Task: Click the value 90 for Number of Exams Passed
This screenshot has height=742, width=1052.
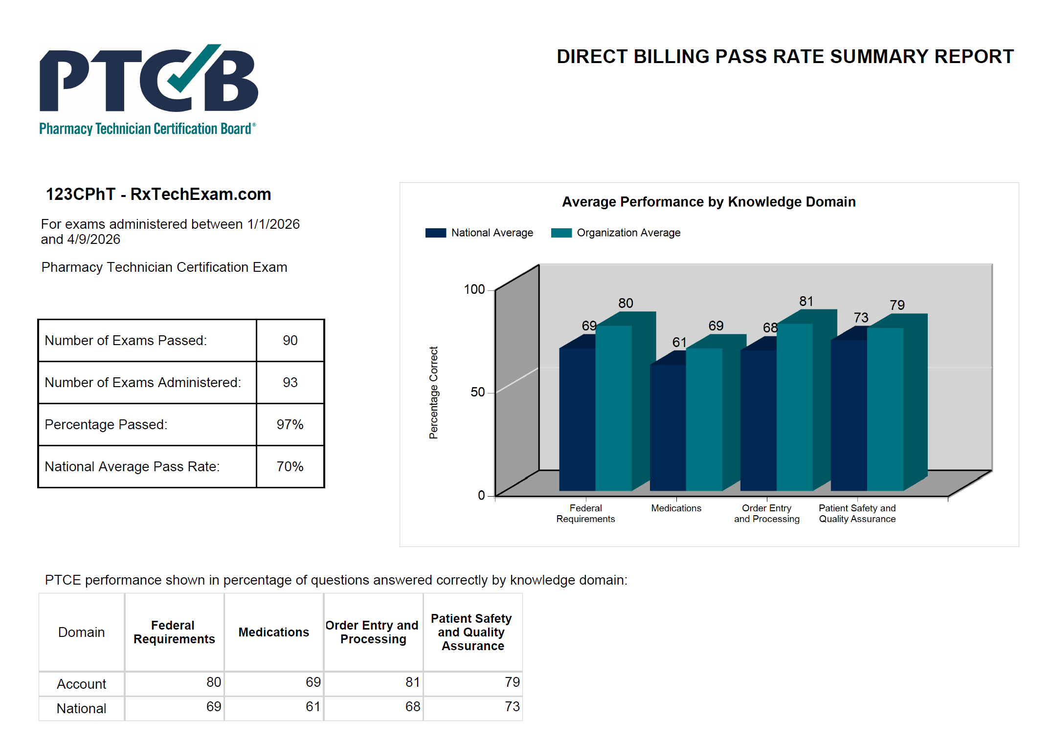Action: point(290,341)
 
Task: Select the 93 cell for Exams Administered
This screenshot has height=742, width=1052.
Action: point(290,383)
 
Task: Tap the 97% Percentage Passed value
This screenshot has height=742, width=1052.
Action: point(290,425)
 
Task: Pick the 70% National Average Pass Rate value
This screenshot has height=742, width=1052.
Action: point(290,467)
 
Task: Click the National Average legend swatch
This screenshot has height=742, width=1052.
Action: point(435,233)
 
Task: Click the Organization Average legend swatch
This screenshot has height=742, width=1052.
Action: point(561,233)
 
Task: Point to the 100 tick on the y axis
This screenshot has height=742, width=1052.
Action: point(474,290)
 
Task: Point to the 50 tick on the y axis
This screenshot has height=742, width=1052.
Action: point(477,393)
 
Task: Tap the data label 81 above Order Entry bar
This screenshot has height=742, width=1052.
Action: point(806,302)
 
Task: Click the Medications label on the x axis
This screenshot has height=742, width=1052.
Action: point(676,508)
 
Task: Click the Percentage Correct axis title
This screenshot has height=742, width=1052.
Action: point(433,393)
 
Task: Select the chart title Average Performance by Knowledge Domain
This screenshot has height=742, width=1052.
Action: point(709,202)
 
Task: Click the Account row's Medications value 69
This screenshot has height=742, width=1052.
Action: point(313,682)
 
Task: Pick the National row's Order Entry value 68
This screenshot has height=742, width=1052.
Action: point(412,707)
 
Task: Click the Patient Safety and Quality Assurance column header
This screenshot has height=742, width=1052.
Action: point(472,633)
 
